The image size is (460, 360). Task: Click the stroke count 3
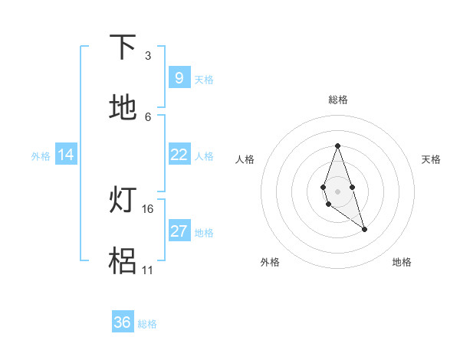click(148, 55)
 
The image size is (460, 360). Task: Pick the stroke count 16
click(148, 208)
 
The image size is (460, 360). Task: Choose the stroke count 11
click(148, 270)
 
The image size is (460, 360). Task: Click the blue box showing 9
click(179, 77)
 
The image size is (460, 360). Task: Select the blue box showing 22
click(179, 155)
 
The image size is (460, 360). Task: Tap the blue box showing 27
click(179, 231)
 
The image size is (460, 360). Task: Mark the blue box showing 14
click(66, 155)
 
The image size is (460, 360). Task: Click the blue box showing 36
click(122, 322)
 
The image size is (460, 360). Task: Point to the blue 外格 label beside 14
click(40, 155)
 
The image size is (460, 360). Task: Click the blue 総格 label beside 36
click(147, 323)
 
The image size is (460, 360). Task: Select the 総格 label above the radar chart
click(337, 100)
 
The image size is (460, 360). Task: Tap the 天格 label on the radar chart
click(432, 159)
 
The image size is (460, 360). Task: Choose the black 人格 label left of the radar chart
click(245, 159)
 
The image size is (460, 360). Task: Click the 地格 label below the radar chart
click(402, 262)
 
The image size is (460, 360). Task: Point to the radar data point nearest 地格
click(365, 229)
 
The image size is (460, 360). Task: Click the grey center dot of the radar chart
click(337, 191)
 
